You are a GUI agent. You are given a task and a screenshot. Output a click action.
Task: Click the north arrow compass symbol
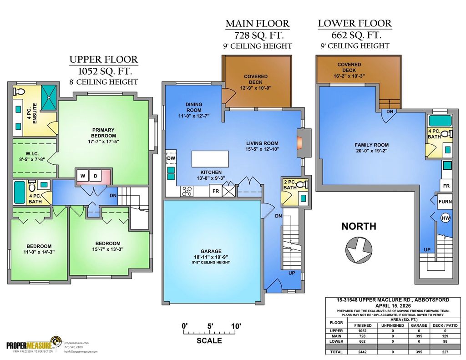coord(359,251)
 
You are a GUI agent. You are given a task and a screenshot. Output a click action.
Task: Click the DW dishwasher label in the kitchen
coord(171,158)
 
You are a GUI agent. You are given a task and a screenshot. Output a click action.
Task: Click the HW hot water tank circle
coord(446,218)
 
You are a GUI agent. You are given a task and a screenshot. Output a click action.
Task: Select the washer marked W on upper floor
coord(83,176)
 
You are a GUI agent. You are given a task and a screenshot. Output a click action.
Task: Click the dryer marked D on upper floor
coord(96,176)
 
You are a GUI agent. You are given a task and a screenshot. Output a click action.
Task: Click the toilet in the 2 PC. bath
coord(304,185)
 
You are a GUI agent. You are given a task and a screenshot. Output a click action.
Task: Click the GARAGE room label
coord(211,251)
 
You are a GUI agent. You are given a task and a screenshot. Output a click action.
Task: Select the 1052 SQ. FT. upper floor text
coord(103,71)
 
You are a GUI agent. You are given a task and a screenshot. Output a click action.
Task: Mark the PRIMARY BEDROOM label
coord(104,132)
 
